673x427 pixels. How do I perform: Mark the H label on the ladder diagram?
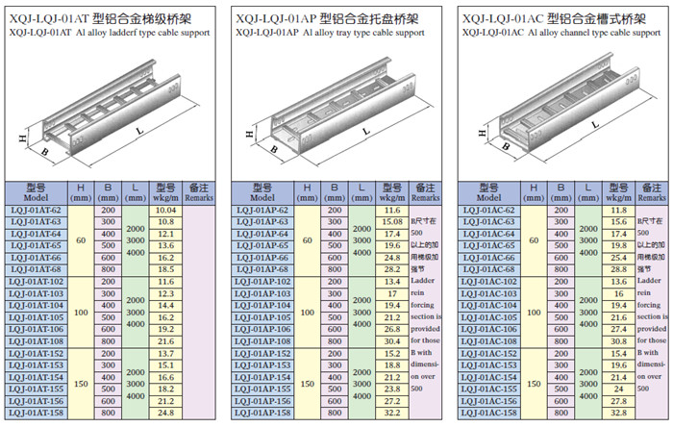pos(21,138)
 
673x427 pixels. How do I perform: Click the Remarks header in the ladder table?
pos(199,190)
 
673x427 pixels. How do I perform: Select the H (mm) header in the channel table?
pos(535,190)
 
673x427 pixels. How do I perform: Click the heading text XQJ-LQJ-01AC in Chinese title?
pos(505,18)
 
